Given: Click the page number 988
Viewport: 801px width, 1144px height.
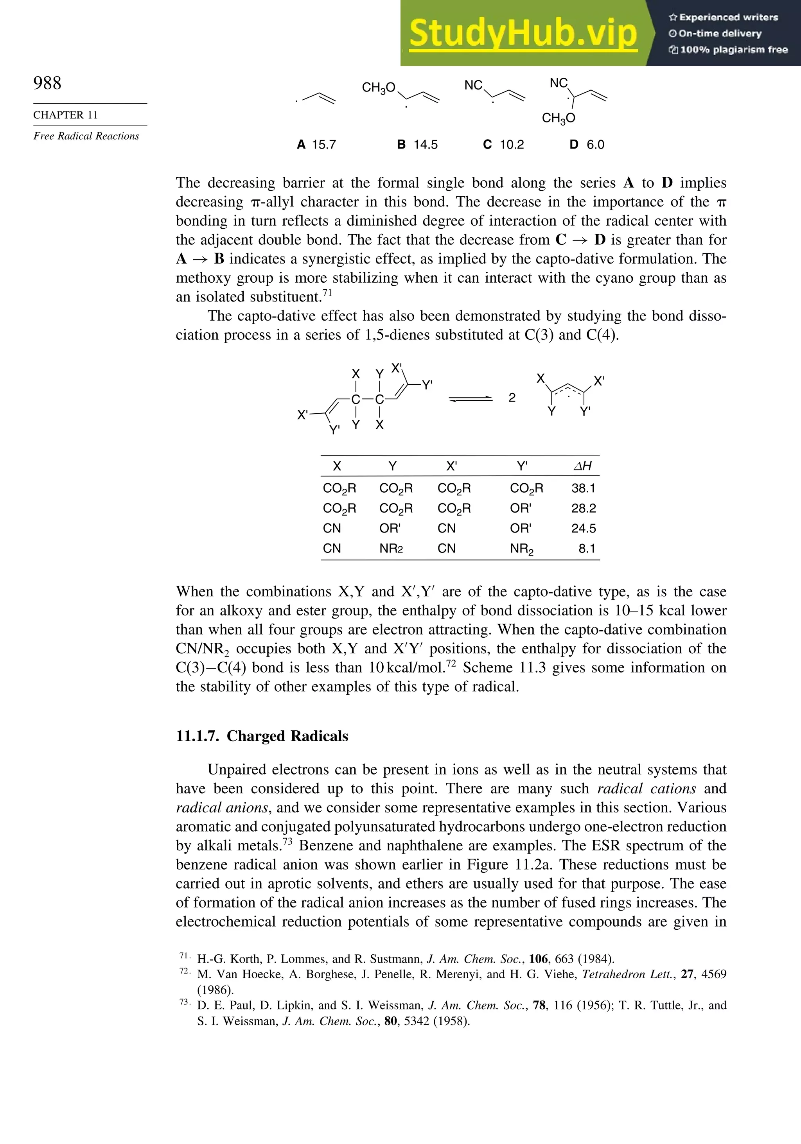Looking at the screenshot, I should [x=47, y=83].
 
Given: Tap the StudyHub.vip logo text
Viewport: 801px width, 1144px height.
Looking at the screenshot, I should [x=523, y=33].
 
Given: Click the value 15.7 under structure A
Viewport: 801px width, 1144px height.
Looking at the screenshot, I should [x=323, y=145].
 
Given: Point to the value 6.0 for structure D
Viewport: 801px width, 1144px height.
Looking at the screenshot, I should [x=595, y=145].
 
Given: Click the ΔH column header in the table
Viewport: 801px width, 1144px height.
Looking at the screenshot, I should [x=583, y=466].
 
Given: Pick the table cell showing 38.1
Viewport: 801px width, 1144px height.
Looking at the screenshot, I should [x=583, y=488].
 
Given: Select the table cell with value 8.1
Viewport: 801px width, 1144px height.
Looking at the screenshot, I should [x=587, y=549].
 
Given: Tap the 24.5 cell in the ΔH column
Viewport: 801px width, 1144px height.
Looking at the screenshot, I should [x=583, y=528].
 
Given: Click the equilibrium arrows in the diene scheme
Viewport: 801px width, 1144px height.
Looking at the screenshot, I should [x=470, y=398].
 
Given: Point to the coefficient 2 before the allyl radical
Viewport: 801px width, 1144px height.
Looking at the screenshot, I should [x=512, y=398].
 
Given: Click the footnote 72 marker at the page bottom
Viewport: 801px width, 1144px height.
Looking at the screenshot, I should [x=184, y=971].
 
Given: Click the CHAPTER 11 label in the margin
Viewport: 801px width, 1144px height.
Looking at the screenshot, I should [x=65, y=115].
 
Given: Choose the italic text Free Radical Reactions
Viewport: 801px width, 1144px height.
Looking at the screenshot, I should [x=86, y=136].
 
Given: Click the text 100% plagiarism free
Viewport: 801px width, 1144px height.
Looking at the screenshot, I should [x=733, y=50].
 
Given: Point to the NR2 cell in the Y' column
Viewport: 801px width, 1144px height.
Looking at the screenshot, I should [x=521, y=549].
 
